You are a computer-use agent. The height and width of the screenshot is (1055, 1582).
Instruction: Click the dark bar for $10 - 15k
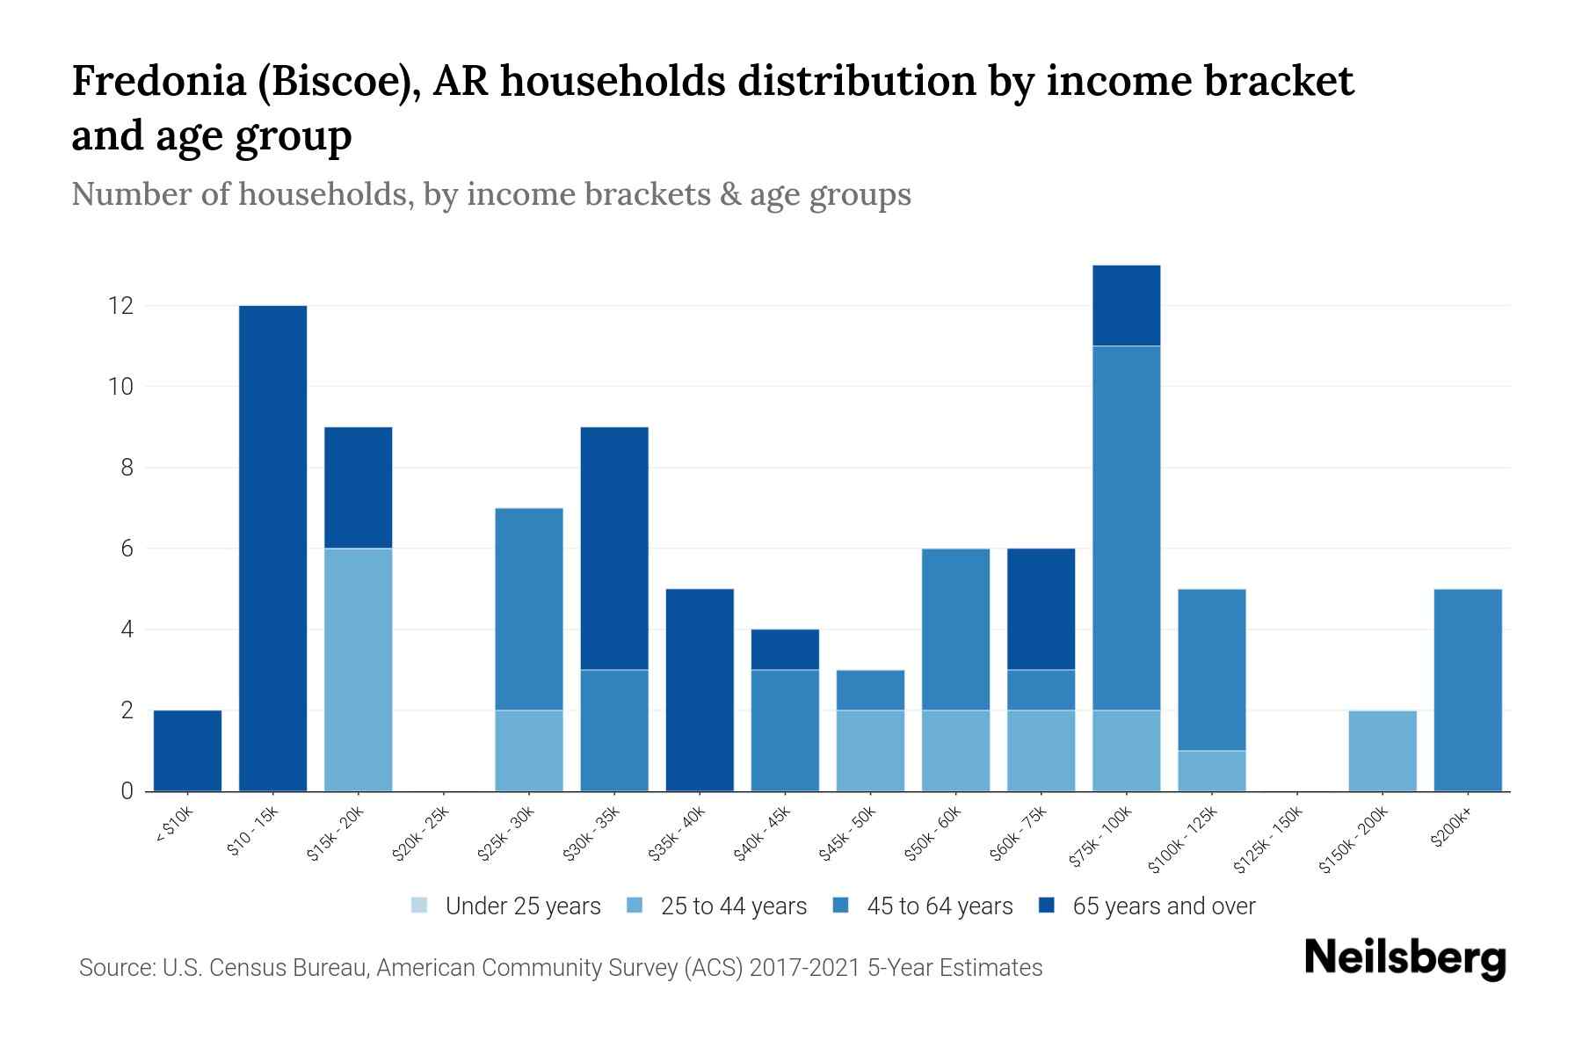point(272,548)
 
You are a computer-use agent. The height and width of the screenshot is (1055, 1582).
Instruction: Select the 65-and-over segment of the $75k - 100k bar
point(1126,305)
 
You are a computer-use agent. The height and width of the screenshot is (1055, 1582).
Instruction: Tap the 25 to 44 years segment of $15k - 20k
point(358,669)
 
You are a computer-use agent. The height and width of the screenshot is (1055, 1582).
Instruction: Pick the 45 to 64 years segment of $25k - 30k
point(528,608)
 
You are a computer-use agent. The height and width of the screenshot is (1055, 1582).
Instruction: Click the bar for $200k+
point(1467,689)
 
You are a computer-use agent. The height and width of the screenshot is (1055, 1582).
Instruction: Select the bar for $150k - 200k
point(1382,750)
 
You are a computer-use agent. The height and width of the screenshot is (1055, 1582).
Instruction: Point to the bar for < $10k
point(187,750)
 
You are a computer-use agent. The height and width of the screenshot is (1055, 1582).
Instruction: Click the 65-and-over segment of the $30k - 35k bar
point(614,548)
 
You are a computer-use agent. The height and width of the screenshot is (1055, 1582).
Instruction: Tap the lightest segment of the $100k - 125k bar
point(1211,770)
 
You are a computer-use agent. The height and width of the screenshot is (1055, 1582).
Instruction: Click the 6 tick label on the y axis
point(127,549)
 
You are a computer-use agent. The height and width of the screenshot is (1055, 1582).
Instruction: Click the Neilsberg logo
point(1404,958)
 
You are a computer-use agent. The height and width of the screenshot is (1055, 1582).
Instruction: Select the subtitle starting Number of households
point(490,194)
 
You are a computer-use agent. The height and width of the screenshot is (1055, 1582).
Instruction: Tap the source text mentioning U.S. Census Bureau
point(560,968)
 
